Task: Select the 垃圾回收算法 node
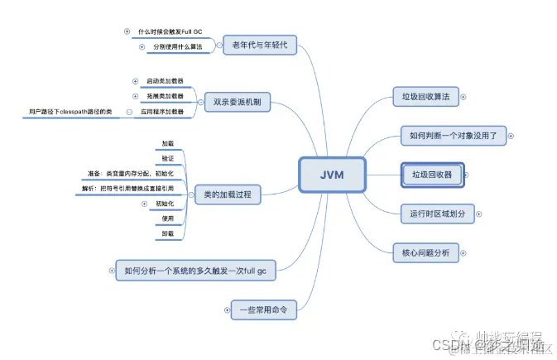pyautogui.click(x=425, y=98)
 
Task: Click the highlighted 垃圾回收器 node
pyautogui.click(x=431, y=175)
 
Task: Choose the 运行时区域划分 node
pyautogui.click(x=437, y=213)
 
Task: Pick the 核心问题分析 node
pyautogui.click(x=425, y=252)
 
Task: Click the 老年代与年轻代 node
pyautogui.click(x=260, y=45)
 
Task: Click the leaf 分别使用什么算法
pyautogui.click(x=177, y=47)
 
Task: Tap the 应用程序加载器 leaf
pyautogui.click(x=161, y=110)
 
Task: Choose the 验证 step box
pyautogui.click(x=168, y=158)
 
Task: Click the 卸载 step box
pyautogui.click(x=168, y=234)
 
